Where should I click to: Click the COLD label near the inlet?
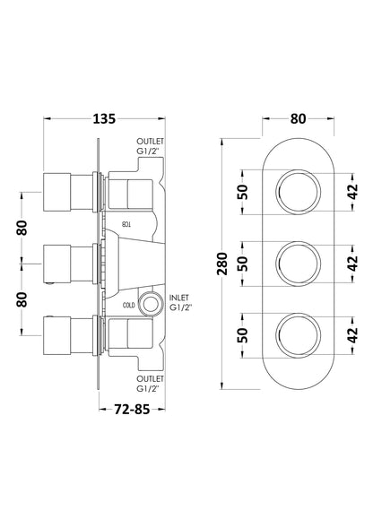tap(129, 305)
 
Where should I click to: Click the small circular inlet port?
tap(150, 302)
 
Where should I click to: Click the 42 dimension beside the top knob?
tap(353, 190)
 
